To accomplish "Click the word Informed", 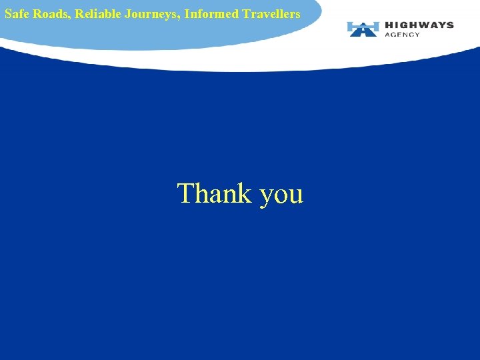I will [211, 13].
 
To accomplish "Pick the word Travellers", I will [271, 13].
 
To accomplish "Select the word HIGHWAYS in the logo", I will [419, 25].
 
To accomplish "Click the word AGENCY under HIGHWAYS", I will [403, 34].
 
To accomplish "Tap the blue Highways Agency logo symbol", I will [363, 29].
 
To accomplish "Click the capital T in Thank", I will [185, 193].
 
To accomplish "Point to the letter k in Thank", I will [245, 193].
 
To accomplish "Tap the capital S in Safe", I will [8, 13].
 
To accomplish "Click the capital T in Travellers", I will [247, 13].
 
